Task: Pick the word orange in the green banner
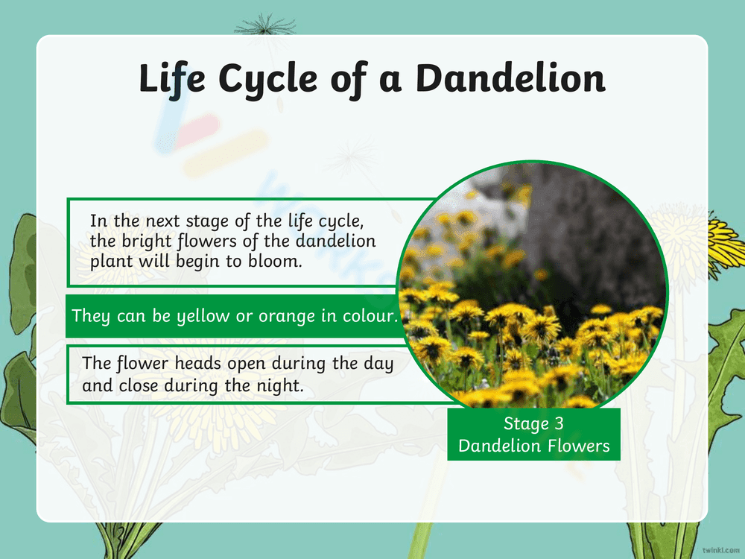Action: coord(282,315)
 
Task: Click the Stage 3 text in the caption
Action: coord(533,424)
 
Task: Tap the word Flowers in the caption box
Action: coord(577,446)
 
